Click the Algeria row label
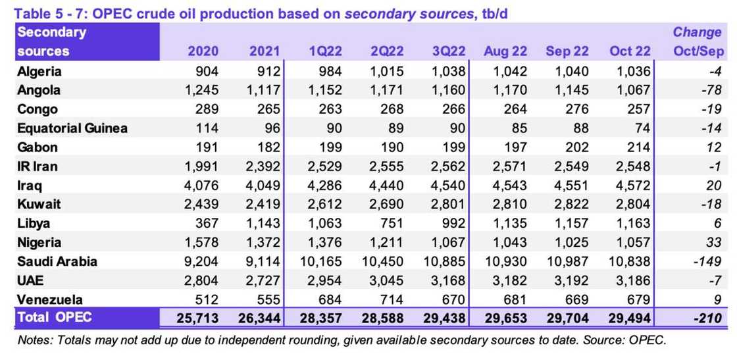tap(39, 71)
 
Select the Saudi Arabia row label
tap(57, 261)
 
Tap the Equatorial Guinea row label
tap(72, 128)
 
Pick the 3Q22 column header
tap(449, 51)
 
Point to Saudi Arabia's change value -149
tap(709, 261)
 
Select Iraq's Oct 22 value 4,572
tap(633, 186)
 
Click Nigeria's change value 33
tap(715, 242)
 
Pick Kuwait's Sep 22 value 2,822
tap(571, 205)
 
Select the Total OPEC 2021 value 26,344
tap(259, 319)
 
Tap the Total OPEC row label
tap(55, 318)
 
